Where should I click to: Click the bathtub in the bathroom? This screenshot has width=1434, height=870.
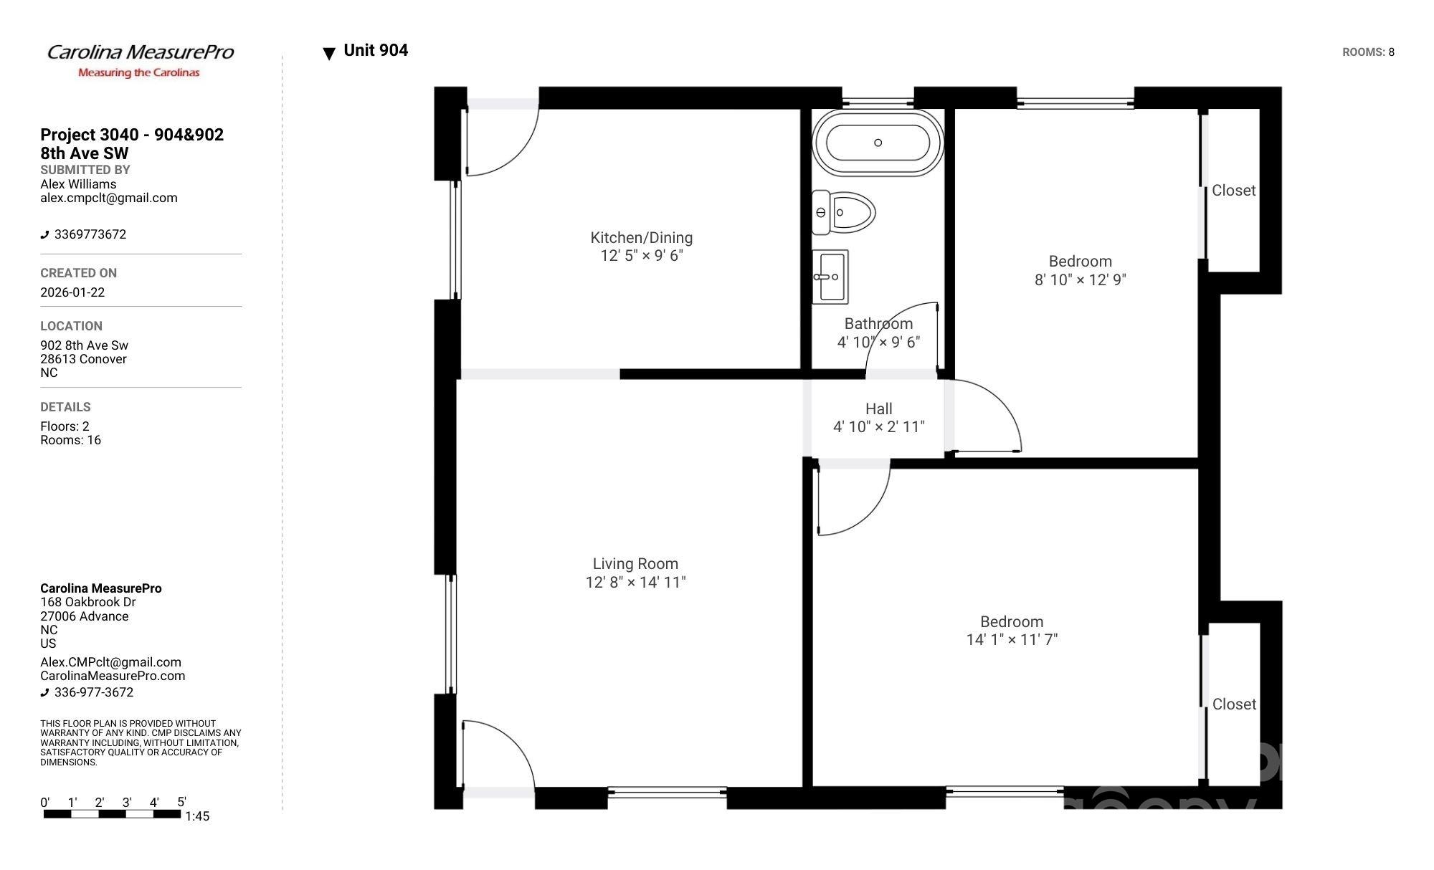pos(878,143)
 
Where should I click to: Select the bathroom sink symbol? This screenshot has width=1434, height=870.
pos(830,277)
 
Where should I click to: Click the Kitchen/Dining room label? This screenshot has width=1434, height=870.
pos(641,238)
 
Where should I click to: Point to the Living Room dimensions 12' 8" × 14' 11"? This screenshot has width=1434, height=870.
pos(635,583)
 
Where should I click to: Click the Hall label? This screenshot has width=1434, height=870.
pos(878,409)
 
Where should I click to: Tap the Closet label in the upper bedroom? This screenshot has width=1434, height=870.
pos(1233,191)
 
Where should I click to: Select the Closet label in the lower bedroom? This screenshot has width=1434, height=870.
pos(1233,704)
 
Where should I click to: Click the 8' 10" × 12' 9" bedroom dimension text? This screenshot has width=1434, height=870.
pos(1080,280)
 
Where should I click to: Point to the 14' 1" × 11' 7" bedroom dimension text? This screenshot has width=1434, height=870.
pos(1012,640)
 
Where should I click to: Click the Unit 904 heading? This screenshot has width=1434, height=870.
pos(376,51)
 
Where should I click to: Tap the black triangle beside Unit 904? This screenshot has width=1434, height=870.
pos(329,54)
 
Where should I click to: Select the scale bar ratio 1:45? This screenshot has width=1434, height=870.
pos(197,816)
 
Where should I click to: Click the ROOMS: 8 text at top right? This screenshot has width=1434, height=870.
pos(1368,52)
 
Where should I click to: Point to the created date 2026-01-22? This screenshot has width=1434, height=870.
pos(72,292)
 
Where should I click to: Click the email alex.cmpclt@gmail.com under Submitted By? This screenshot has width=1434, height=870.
pos(109,199)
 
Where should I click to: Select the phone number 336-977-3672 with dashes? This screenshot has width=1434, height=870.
pos(94,692)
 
